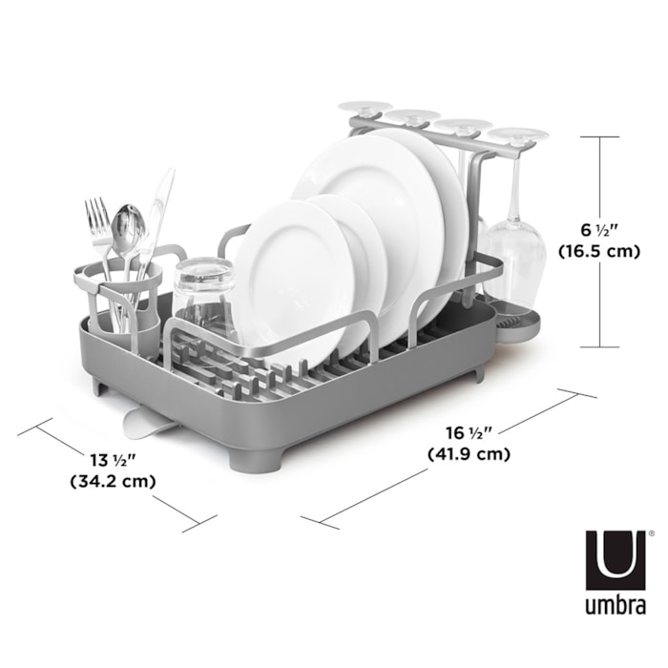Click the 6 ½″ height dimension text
click(599, 230)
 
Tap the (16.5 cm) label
click(599, 251)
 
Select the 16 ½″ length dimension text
click(470, 433)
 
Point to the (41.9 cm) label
click(470, 454)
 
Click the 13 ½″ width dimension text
click(113, 460)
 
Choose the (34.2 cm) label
click(113, 481)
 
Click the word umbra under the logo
click(616, 604)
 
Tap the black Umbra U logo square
click(616, 560)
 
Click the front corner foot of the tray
click(255, 461)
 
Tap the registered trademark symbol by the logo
click(651, 532)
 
